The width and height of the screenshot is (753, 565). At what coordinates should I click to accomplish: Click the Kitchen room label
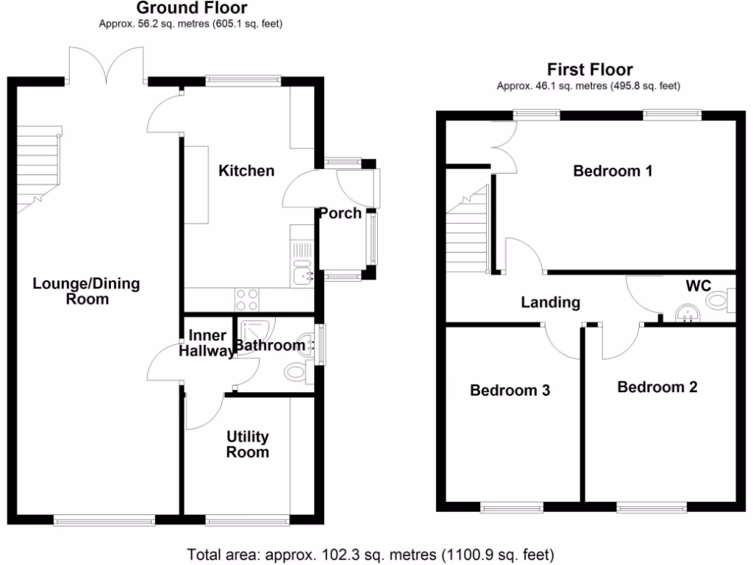click(x=246, y=171)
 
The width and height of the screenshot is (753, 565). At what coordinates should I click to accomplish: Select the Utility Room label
click(x=247, y=444)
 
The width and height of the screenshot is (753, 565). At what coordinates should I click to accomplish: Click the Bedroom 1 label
click(x=613, y=171)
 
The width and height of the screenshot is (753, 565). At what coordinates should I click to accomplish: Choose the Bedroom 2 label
click(x=657, y=387)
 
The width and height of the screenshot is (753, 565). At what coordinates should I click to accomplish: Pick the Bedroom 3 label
click(x=510, y=390)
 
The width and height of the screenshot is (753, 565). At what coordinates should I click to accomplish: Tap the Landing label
click(x=550, y=302)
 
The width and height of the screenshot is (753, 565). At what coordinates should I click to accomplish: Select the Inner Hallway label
click(x=208, y=344)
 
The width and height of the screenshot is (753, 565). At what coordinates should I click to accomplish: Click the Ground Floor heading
click(x=192, y=9)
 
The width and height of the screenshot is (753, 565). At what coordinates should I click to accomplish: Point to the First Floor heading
click(x=590, y=70)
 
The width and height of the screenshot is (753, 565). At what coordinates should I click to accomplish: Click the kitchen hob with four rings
click(x=246, y=299)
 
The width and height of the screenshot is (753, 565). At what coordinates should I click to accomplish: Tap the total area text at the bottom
click(x=371, y=554)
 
